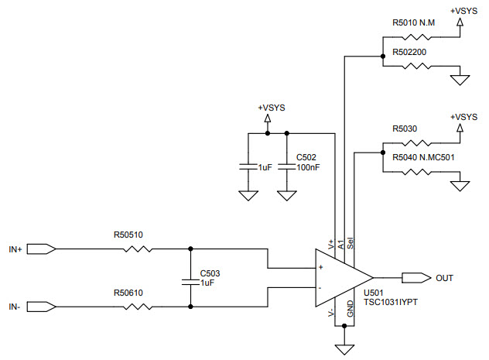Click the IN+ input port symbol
pyautogui.click(x=43, y=249)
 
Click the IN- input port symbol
pyautogui.click(x=43, y=307)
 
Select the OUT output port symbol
pyautogui.click(x=416, y=277)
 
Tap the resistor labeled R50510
pyautogui.click(x=141, y=249)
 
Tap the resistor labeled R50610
pyautogui.click(x=141, y=307)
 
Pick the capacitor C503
pyautogui.click(x=190, y=279)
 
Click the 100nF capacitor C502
pyautogui.click(x=287, y=166)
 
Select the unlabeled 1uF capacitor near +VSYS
pyautogui.click(x=248, y=166)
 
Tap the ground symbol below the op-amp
pyautogui.click(x=344, y=349)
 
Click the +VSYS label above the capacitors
pyautogui.click(x=272, y=108)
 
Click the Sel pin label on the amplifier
pyautogui.click(x=351, y=243)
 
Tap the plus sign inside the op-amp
pyautogui.click(x=320, y=267)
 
